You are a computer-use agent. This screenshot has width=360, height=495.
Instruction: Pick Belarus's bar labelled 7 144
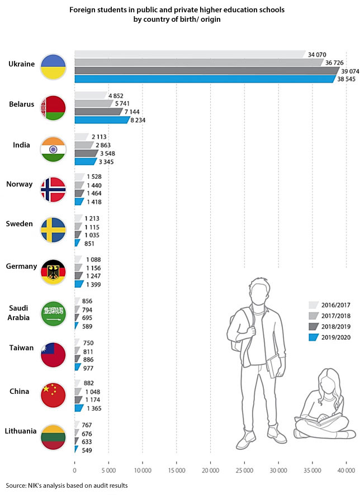98,112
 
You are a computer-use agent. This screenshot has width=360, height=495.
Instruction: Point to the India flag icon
53,149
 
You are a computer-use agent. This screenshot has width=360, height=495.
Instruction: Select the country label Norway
20,184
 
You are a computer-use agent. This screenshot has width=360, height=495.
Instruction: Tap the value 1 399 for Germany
93,284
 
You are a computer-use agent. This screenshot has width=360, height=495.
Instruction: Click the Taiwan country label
21,348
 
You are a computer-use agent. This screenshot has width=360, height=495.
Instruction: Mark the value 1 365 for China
93,408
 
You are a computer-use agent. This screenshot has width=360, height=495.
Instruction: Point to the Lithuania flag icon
53,437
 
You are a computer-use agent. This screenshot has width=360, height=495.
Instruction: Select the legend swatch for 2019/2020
313,337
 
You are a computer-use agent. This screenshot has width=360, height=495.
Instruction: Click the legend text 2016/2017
335,305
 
